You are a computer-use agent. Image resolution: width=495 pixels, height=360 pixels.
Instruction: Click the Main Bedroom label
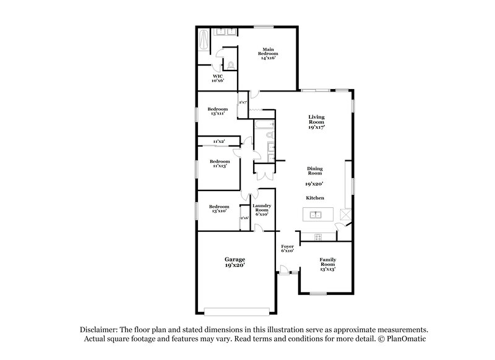[267, 53]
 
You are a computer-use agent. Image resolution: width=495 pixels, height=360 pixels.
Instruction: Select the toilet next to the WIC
[230, 64]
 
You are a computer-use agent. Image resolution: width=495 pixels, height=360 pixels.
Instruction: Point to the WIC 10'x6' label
[218, 78]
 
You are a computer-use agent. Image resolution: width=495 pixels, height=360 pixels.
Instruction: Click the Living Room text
[316, 121]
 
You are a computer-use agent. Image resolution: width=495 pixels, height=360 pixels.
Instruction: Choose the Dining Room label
[316, 171]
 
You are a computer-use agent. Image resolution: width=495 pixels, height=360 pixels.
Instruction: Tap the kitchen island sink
[316, 215]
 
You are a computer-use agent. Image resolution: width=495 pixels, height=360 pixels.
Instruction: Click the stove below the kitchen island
[318, 236]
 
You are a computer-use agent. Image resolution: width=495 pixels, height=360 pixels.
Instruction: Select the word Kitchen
[315, 198]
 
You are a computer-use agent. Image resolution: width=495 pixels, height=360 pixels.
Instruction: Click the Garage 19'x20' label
[235, 262]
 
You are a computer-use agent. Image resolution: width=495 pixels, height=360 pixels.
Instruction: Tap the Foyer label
[287, 248]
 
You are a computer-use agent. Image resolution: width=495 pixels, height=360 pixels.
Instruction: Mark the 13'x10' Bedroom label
[219, 209]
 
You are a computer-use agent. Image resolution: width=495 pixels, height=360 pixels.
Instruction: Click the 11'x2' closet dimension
[218, 142]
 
